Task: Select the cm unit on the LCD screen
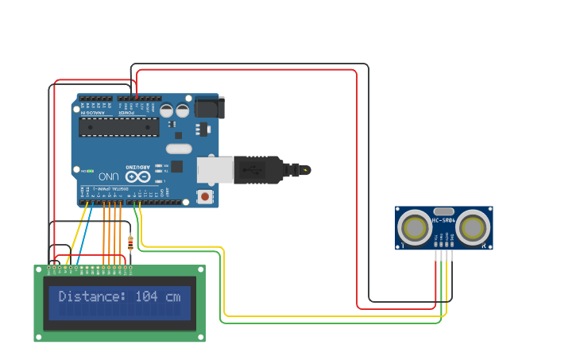click(172, 297)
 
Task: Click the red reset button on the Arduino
click(206, 196)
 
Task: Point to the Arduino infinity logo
click(137, 176)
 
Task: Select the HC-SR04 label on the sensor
click(443, 220)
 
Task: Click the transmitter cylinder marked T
click(415, 228)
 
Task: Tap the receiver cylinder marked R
click(474, 228)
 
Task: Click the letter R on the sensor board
click(484, 246)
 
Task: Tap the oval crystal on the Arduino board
click(180, 149)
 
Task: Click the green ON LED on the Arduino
click(91, 171)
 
